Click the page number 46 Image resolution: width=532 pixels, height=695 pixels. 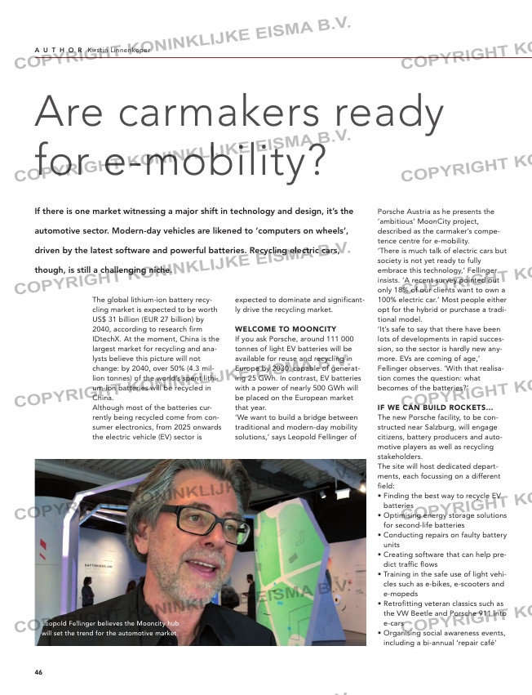[38, 671]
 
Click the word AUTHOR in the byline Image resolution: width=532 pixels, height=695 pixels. [58, 50]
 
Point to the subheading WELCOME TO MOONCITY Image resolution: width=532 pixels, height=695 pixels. [273, 329]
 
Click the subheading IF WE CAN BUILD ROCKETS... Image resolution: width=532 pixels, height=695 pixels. [434, 407]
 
